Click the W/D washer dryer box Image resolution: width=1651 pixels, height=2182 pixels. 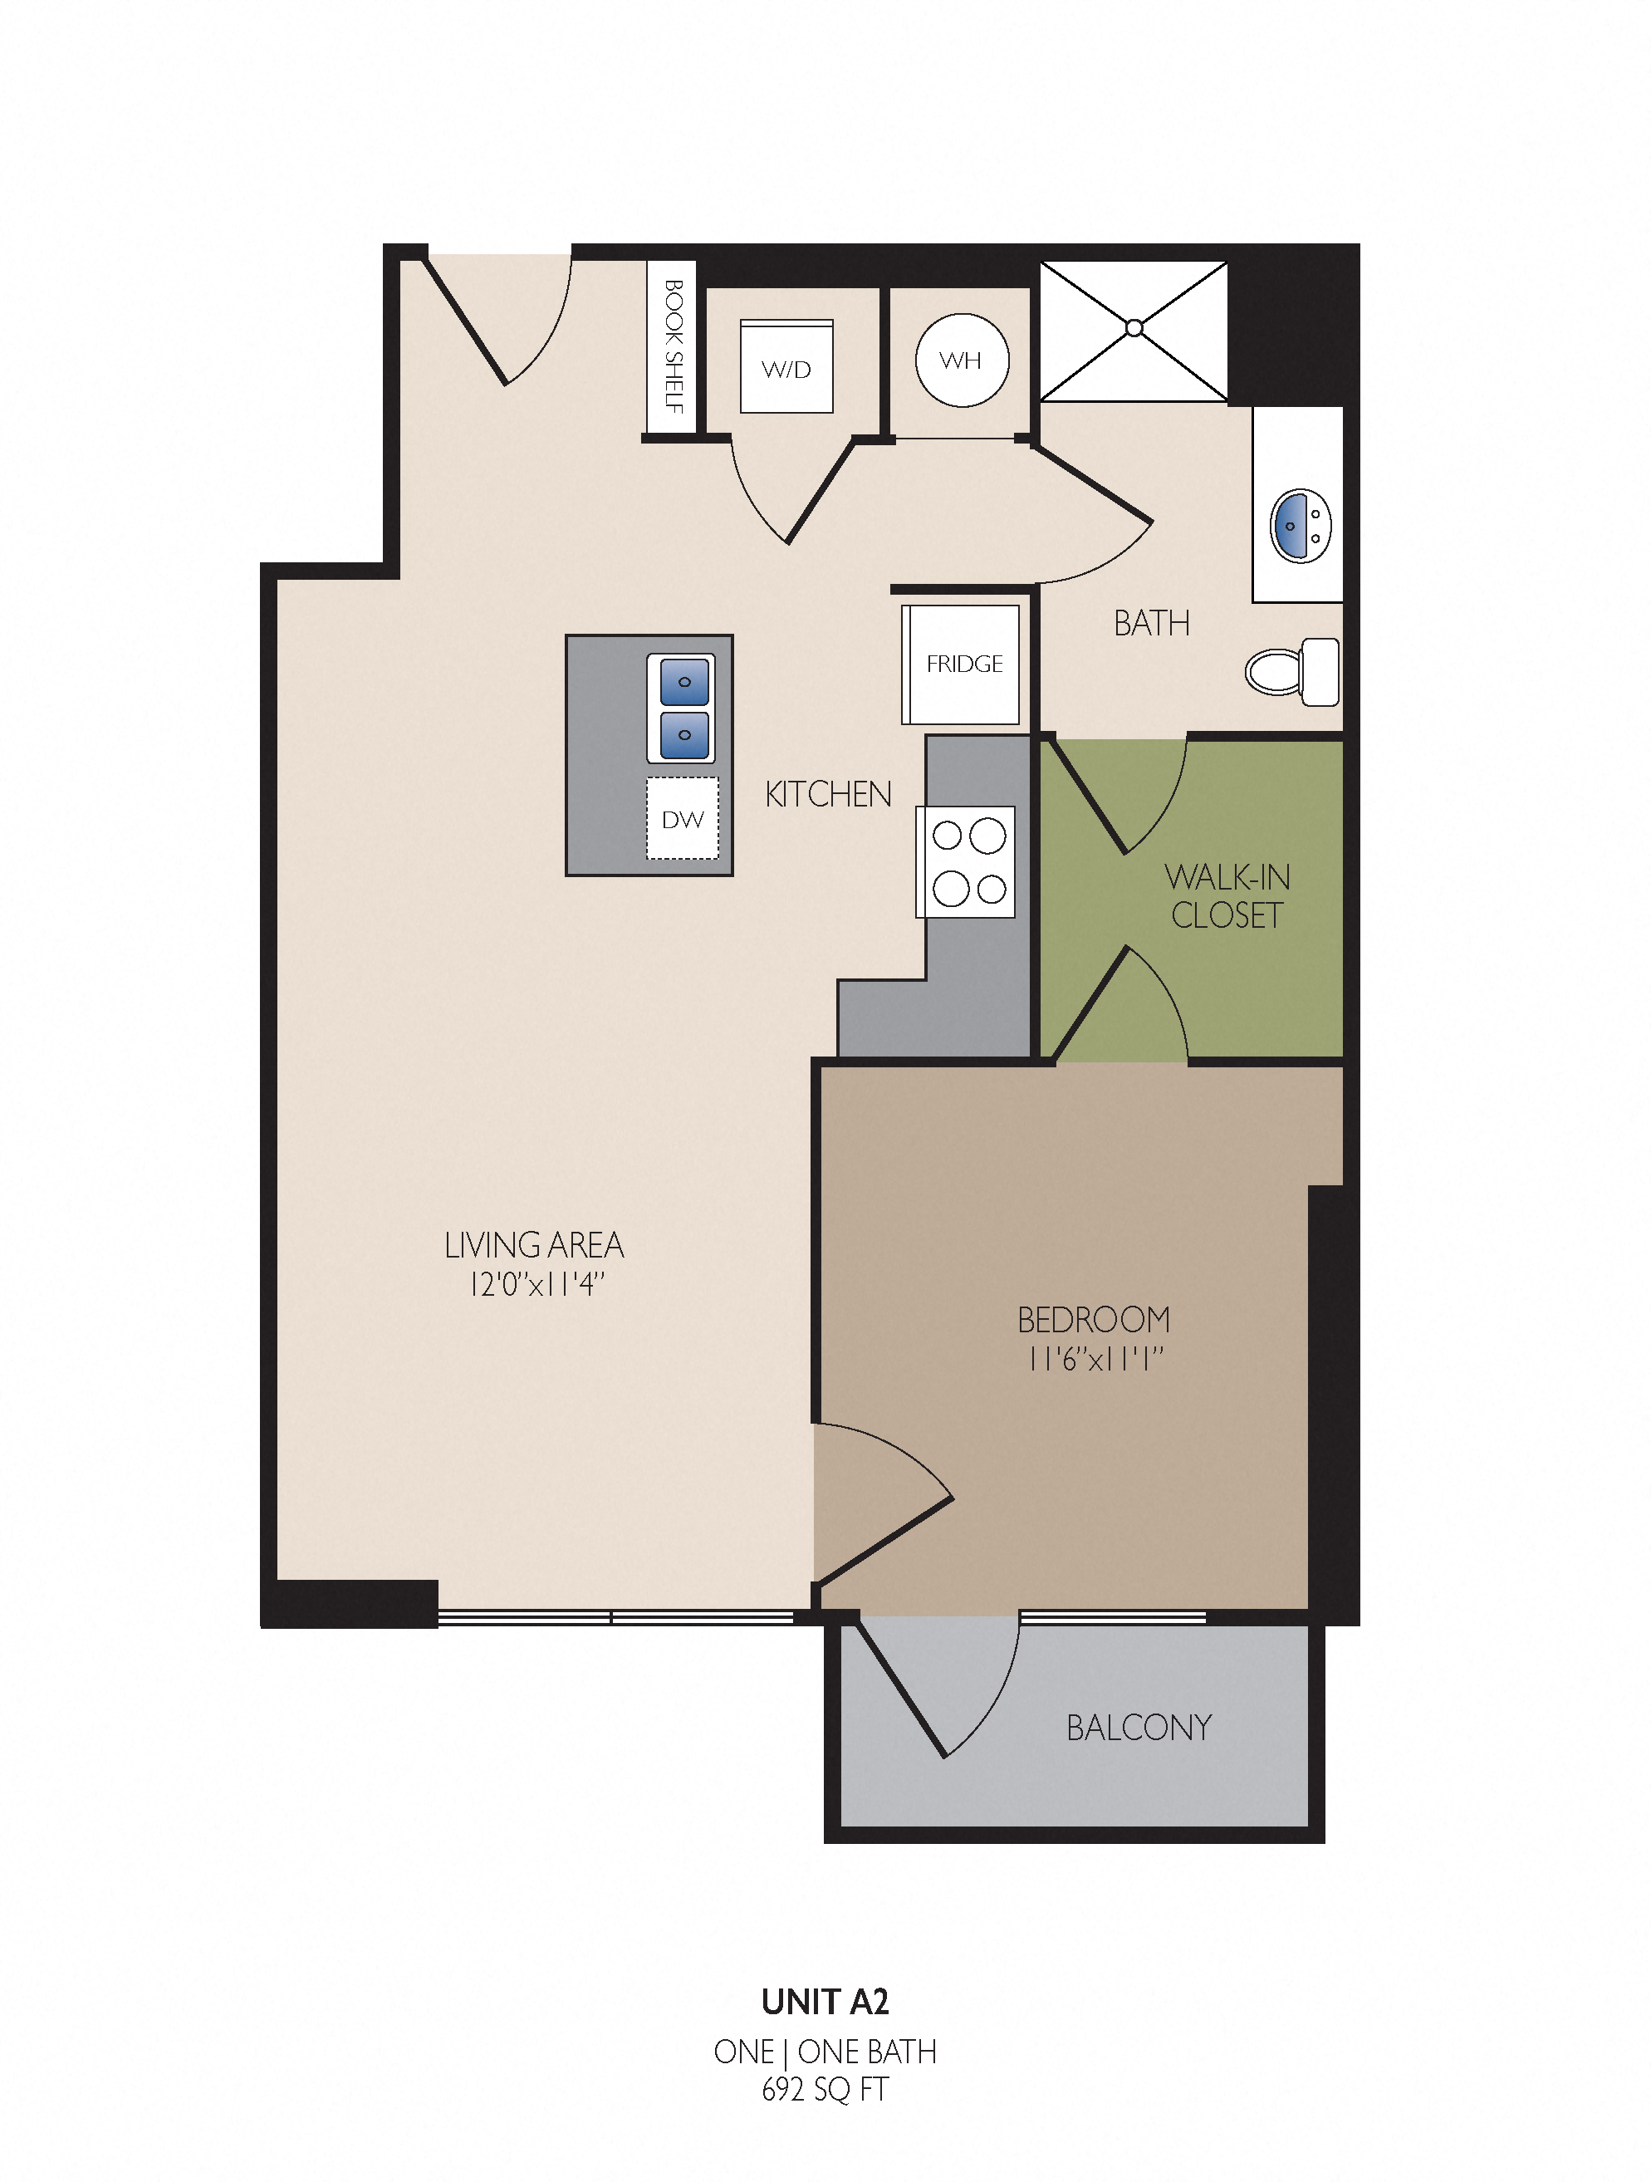(786, 366)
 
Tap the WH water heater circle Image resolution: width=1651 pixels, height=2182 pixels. (962, 360)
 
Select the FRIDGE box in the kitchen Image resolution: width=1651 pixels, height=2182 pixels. (961, 664)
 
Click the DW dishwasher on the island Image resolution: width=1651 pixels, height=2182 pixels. (683, 819)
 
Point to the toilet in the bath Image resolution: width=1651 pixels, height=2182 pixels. (1293, 672)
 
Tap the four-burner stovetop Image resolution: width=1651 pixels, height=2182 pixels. (966, 862)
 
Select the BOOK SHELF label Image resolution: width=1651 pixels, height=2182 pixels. (674, 346)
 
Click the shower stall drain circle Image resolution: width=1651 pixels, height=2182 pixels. (1134, 327)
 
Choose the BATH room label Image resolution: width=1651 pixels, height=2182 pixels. (1151, 624)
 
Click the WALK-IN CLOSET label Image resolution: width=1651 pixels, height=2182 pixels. (1227, 895)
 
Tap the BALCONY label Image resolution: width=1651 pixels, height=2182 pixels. (1139, 1728)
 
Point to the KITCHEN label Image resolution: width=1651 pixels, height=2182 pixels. (827, 794)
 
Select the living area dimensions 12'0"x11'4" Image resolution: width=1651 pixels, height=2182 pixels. (536, 1284)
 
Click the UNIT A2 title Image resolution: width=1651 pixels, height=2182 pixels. (825, 2002)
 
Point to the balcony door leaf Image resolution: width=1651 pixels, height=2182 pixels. (899, 1689)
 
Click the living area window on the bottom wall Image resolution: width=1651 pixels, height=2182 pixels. (615, 1616)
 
